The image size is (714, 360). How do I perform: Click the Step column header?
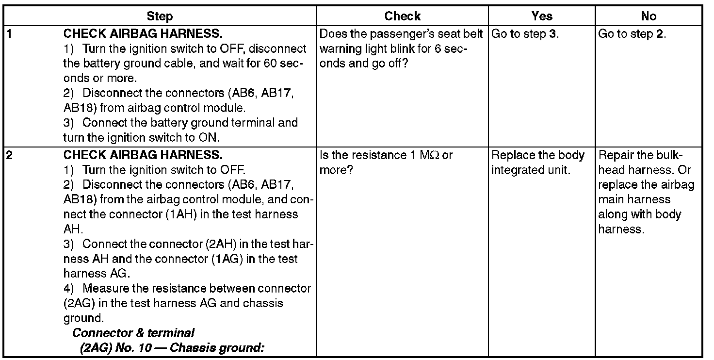point(160,16)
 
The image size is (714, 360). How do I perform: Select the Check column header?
point(403,16)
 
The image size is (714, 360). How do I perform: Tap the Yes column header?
point(542,16)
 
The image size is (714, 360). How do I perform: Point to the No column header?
point(649,16)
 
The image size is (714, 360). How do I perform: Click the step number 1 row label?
point(8,34)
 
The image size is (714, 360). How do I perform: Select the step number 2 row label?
point(8,156)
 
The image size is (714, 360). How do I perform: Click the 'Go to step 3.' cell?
point(525,34)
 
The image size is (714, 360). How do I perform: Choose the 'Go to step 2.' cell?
point(633,34)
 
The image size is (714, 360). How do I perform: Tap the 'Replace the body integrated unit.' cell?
point(538,163)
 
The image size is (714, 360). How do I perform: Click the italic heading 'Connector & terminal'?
point(133,333)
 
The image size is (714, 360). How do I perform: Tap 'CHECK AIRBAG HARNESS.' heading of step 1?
point(143,34)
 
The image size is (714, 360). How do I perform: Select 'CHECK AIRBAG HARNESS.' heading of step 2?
point(143,156)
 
